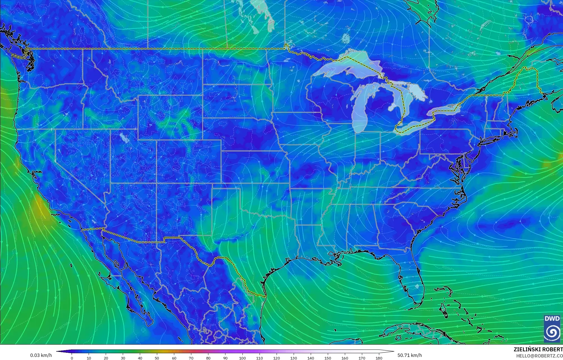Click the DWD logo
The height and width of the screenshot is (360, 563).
click(x=552, y=329)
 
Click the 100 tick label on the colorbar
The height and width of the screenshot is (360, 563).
click(x=242, y=358)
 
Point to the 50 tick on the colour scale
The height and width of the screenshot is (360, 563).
click(x=157, y=358)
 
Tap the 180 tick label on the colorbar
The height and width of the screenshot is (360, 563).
click(x=379, y=358)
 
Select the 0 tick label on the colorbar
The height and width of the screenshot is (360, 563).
click(x=72, y=358)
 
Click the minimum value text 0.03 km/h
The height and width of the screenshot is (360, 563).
click(x=41, y=355)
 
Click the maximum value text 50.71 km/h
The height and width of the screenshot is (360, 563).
click(x=409, y=355)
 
